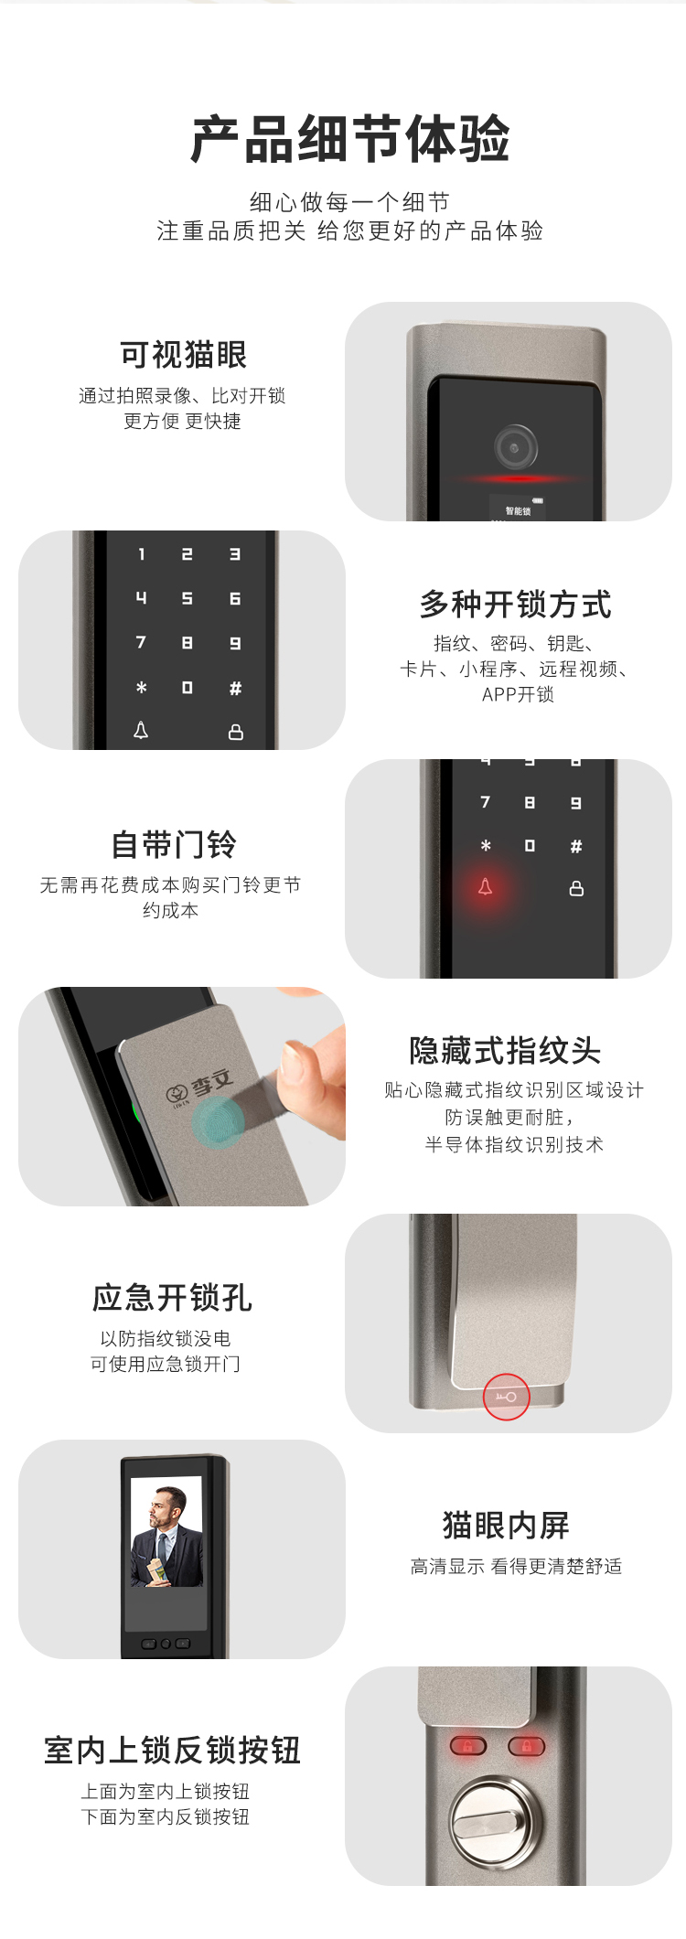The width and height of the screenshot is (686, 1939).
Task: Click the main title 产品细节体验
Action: tap(349, 139)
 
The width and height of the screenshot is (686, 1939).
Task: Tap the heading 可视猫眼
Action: tap(183, 355)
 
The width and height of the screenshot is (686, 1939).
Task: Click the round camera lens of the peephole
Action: tap(516, 447)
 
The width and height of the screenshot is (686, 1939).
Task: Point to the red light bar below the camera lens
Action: tap(518, 478)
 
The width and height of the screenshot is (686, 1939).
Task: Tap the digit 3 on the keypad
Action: tap(235, 554)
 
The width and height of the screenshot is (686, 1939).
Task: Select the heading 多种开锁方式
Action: tap(516, 605)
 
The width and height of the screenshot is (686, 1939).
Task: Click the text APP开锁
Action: tap(518, 694)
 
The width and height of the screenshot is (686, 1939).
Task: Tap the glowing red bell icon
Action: tap(486, 886)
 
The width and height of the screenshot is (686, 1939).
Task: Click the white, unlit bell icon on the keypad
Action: tap(141, 730)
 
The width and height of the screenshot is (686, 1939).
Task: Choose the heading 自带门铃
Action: tap(174, 844)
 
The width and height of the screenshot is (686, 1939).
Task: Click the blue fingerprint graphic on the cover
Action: tap(218, 1121)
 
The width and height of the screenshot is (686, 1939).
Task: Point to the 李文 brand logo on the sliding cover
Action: tap(199, 1087)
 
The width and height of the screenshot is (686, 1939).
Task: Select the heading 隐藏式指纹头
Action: tap(505, 1051)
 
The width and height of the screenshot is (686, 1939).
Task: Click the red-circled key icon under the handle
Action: tap(507, 1397)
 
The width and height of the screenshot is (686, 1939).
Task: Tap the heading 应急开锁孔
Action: tap(172, 1298)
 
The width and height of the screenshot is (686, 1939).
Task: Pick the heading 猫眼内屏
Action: tap(506, 1526)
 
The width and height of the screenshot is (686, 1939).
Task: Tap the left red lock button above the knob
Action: tap(467, 1746)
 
